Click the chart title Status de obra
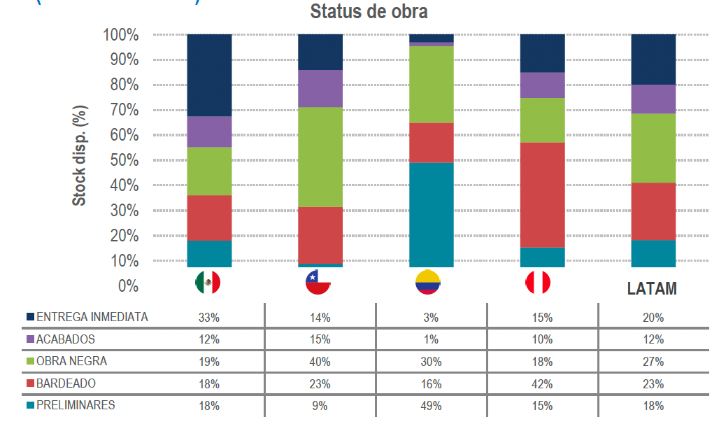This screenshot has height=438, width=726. pos(369,12)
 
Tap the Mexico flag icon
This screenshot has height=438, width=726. pos(208,282)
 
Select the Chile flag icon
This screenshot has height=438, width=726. pos(319,282)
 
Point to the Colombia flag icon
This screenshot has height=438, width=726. pos(428,282)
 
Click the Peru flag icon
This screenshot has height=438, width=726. pos(538,282)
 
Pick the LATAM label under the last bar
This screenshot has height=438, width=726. pos(652,289)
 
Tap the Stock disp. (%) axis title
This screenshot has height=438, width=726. pos(80,156)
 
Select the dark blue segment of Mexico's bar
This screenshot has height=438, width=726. pos(209,75)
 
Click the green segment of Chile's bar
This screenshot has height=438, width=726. pos(320,157)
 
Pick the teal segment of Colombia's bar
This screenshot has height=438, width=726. pos(431,214)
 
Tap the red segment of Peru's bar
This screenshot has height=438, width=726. pos(542,195)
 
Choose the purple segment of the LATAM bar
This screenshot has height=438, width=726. pos(653,99)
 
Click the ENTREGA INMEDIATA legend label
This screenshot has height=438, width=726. pos(92,317)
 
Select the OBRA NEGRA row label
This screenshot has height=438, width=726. pos(71,362)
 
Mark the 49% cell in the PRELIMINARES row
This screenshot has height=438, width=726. pos(431,406)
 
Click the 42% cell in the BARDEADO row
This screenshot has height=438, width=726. pos(542,383)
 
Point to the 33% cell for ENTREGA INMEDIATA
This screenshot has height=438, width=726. pos(209,318)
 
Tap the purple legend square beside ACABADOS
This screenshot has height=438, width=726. pos(30,340)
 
